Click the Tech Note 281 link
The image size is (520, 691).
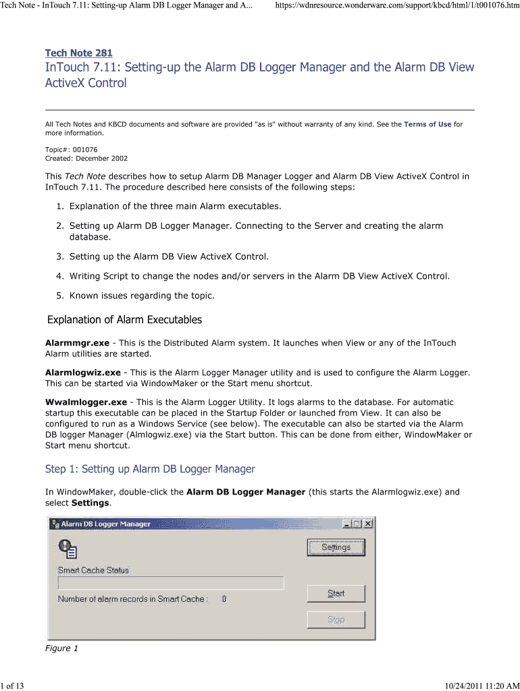pos(78,53)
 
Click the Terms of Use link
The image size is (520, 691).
pos(427,124)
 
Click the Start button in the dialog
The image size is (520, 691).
pos(336,593)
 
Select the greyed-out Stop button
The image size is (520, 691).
pos(336,619)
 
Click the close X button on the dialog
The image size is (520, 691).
pos(368,524)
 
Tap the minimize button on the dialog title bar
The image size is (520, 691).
pos(347,524)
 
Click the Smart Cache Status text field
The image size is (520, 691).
pos(170,583)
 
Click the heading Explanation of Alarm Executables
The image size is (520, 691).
pos(124,319)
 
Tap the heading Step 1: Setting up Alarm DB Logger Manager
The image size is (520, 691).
pos(150,468)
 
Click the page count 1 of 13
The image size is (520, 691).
pos(12,686)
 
